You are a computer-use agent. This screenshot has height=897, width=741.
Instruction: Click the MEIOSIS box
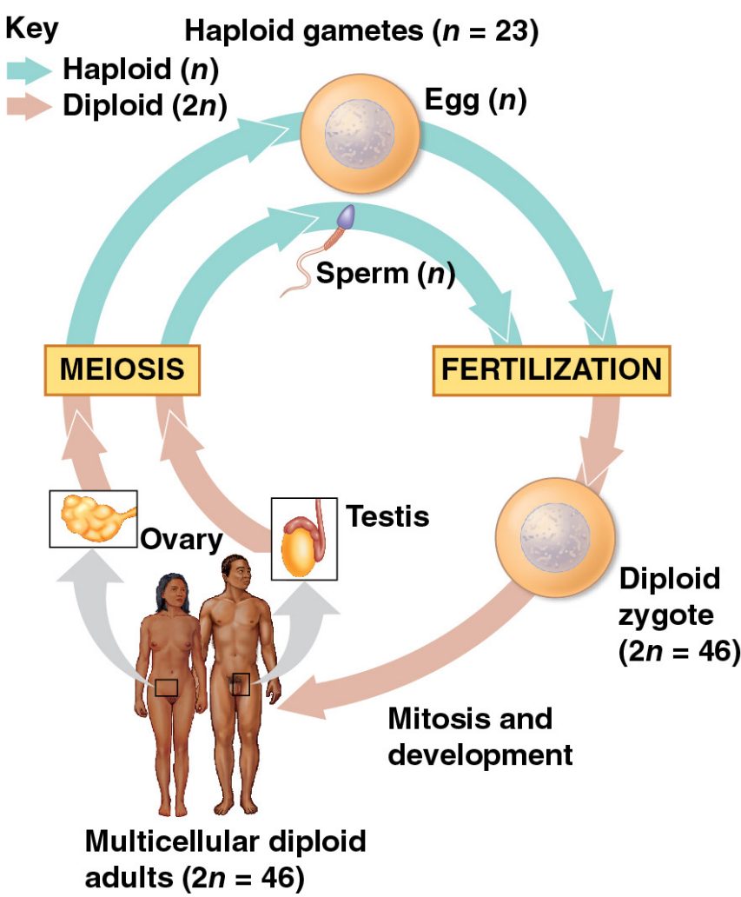pos(122,369)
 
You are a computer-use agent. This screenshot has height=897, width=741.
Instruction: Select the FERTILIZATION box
pos(552,369)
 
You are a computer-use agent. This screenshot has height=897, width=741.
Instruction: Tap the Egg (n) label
pos(476,102)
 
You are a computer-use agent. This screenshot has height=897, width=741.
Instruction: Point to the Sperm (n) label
pos(386,274)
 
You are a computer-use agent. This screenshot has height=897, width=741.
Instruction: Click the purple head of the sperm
pos(347,217)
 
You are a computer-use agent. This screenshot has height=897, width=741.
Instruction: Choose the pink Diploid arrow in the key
pos(29,106)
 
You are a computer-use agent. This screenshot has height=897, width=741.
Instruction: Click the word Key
pos(32,30)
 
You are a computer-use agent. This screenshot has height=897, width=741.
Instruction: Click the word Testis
pos(387,516)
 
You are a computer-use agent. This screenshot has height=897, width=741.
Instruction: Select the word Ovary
pos(182,539)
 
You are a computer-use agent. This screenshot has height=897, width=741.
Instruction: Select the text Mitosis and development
pos(480,736)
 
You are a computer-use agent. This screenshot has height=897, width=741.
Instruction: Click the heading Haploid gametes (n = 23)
pos(362,31)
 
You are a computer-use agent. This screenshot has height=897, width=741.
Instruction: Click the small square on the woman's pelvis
pos(167,688)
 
